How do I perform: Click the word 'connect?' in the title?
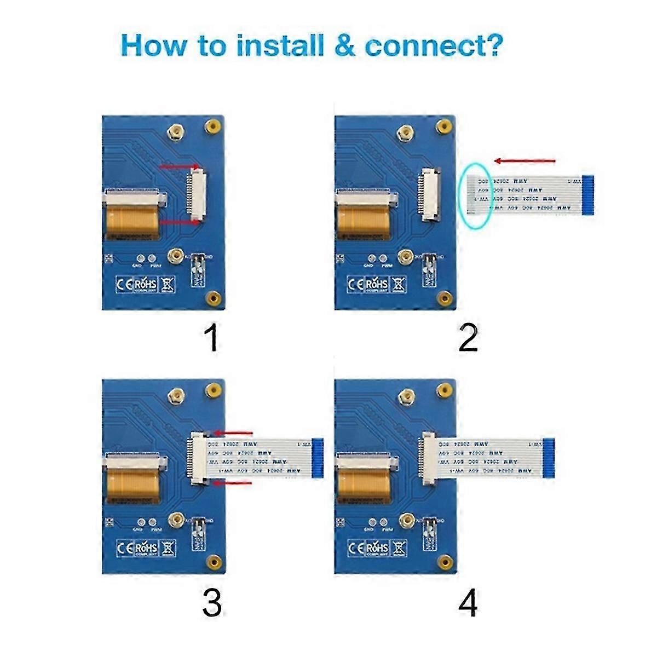pos(433,46)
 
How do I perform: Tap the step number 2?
pos(468,339)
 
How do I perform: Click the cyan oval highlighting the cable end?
pos(475,195)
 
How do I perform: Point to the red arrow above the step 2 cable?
pos(525,161)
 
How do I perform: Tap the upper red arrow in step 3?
pos(233,432)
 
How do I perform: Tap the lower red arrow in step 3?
pos(233,483)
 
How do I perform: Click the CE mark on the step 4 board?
pos(356,547)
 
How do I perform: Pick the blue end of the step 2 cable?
pos(589,195)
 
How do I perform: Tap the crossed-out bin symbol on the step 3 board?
pos(169,547)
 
